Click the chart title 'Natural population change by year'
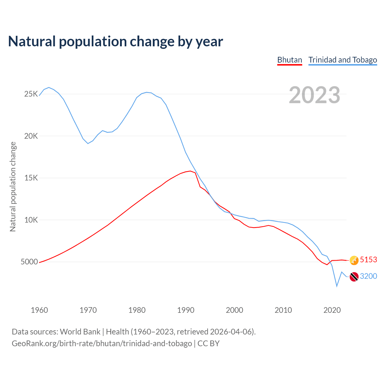tap(115, 42)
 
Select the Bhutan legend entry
tap(289, 60)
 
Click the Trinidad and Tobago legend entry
tap(343, 60)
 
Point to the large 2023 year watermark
tap(314, 95)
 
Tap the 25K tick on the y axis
tap(31, 94)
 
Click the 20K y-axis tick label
tap(31, 136)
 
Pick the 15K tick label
tap(31, 178)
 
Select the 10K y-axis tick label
tap(31, 220)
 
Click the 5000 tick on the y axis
tap(29, 262)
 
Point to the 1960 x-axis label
tap(39, 310)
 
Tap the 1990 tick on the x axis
tap(186, 310)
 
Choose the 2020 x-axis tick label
tap(332, 310)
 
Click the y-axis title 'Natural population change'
tap(13, 186)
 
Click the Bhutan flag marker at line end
tap(354, 260)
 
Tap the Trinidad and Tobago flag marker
tap(354, 277)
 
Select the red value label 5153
tap(368, 260)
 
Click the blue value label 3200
tap(368, 276)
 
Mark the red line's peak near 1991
tap(190, 171)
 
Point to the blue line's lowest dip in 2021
tap(337, 286)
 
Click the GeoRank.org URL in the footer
tap(102, 343)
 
